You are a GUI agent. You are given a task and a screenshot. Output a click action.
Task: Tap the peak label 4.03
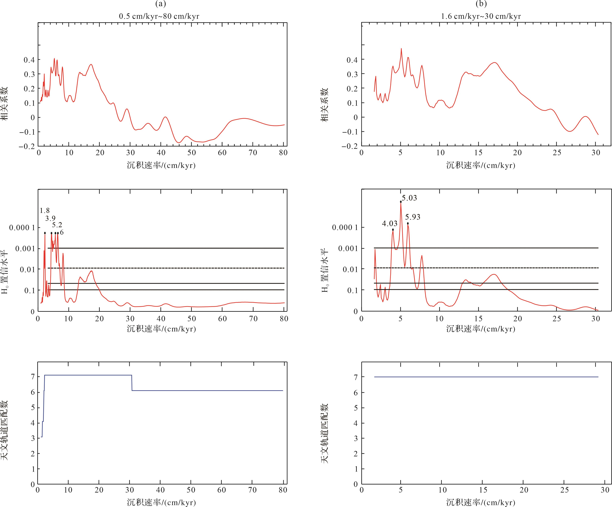[x=390, y=224]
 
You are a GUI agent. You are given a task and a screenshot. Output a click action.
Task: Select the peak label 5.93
[x=413, y=217]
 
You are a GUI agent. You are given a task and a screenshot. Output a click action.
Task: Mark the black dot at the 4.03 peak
[x=393, y=230]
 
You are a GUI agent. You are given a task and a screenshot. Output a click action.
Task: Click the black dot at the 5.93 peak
[x=408, y=223]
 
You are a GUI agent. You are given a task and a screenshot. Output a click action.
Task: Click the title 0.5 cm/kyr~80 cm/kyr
[x=159, y=16]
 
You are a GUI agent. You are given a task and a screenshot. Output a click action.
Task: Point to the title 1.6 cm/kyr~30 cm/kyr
[x=481, y=16]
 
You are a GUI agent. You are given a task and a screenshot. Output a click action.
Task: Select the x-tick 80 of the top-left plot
[x=283, y=153]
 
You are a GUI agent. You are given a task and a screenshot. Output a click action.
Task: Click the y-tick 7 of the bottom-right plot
[x=355, y=377]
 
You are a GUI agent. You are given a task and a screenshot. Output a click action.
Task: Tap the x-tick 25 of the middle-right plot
[x=557, y=319]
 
